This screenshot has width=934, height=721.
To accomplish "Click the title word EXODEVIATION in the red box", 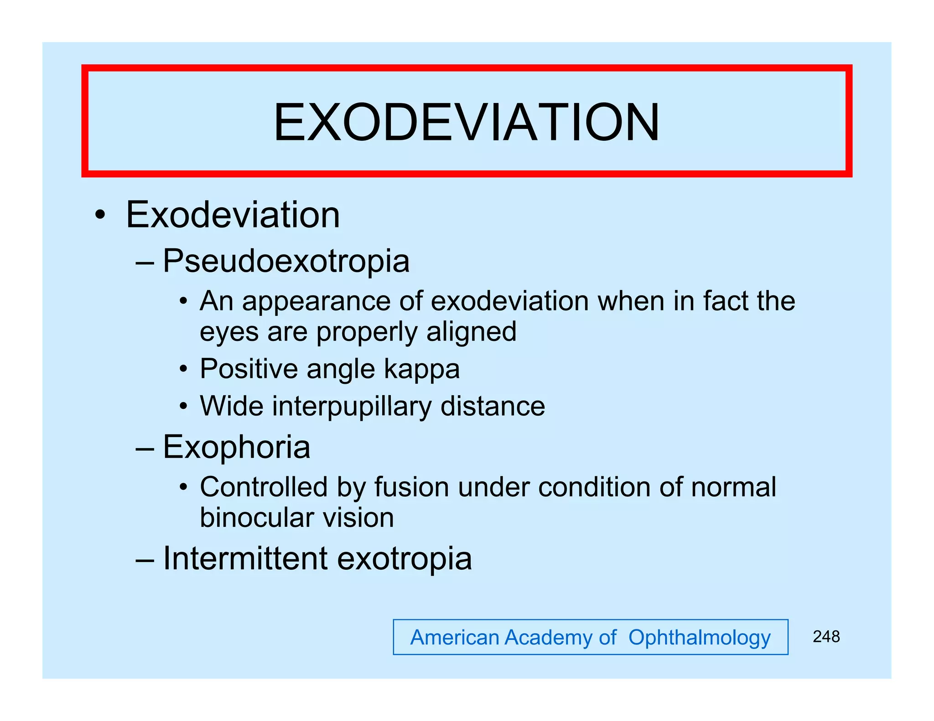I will coord(466,122).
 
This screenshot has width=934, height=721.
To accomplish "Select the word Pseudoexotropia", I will coord(286,261).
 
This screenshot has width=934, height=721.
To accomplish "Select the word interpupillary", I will coord(352,407).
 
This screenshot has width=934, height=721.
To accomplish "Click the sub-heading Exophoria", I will coord(236,447).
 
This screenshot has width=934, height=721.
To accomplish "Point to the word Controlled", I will coord(264,487).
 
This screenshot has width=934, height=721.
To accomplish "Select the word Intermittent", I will coord(245,558).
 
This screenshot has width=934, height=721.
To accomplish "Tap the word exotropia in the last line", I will coord(404,559).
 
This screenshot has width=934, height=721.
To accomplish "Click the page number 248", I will coord(826,637).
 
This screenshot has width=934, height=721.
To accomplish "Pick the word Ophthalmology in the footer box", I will coord(699,638).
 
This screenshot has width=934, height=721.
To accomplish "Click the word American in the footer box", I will coord(455,637).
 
